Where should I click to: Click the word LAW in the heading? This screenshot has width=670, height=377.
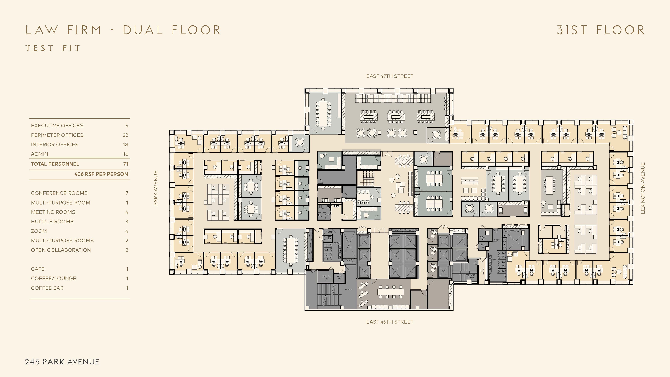coord(41,30)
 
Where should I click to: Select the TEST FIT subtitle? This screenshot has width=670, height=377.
coord(53,48)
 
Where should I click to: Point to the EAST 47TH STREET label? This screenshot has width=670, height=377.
coord(390,76)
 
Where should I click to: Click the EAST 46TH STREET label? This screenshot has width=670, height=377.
coord(390,322)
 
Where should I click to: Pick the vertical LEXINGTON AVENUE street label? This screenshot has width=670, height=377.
coord(643,188)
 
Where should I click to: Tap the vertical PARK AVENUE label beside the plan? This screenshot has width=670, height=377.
coord(155,188)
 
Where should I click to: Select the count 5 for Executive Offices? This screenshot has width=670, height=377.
coord(127,126)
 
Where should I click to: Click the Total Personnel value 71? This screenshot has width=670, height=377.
coord(126,164)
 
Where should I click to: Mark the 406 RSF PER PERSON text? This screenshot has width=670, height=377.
coord(101,174)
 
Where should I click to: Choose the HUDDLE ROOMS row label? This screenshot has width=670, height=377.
coord(52,222)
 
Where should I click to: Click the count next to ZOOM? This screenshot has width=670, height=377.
coord(127,231)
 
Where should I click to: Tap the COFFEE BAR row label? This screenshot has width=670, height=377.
coord(47,288)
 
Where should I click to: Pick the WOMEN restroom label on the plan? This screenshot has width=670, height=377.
coord(337,243)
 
